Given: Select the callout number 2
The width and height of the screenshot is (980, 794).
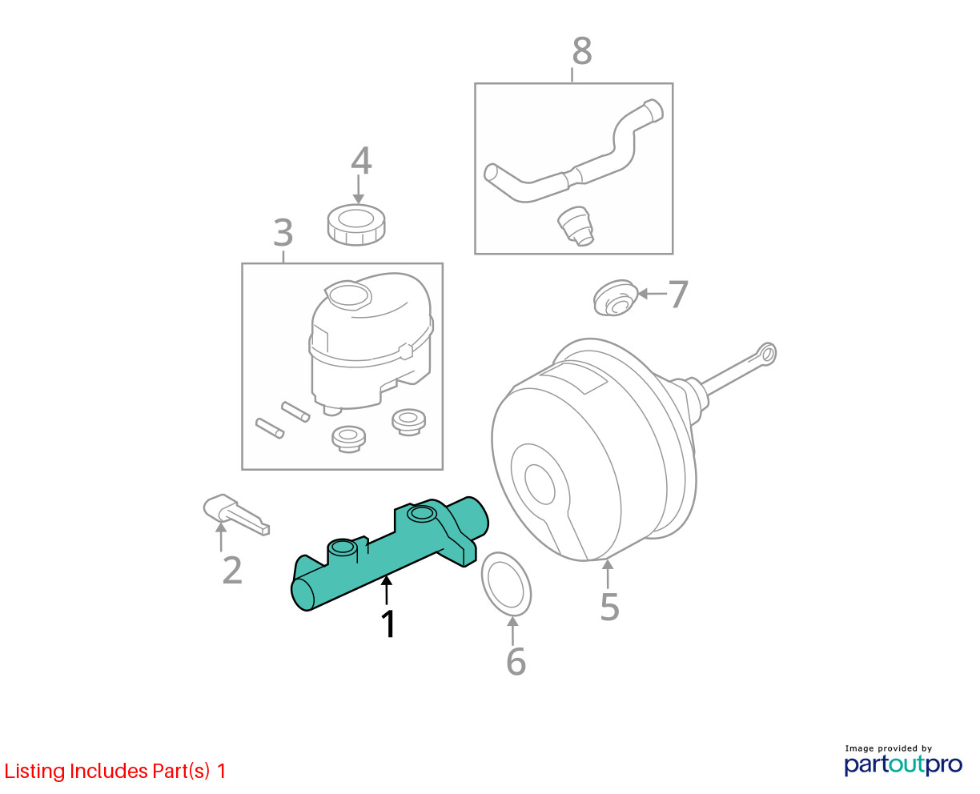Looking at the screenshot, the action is (232, 571).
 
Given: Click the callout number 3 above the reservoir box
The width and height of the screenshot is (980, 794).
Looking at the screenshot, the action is (283, 233).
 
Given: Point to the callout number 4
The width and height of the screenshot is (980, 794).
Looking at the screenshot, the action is (361, 161).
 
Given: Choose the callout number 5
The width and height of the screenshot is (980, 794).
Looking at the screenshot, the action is (609, 607).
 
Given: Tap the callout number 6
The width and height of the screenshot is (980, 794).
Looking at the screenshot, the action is (516, 661).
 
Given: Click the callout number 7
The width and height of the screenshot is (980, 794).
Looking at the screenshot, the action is (677, 294).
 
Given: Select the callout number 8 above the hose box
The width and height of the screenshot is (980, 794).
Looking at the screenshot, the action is (582, 50).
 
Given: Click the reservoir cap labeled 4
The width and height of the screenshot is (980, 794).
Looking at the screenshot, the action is (356, 225).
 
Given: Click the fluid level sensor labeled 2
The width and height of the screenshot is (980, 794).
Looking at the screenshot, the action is (236, 515).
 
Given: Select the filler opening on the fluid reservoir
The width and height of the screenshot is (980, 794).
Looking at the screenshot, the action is (348, 295).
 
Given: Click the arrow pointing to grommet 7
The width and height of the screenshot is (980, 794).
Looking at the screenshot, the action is (653, 294).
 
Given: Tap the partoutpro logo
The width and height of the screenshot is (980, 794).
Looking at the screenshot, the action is (902, 765).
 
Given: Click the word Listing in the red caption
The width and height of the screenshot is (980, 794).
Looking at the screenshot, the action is (35, 772).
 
